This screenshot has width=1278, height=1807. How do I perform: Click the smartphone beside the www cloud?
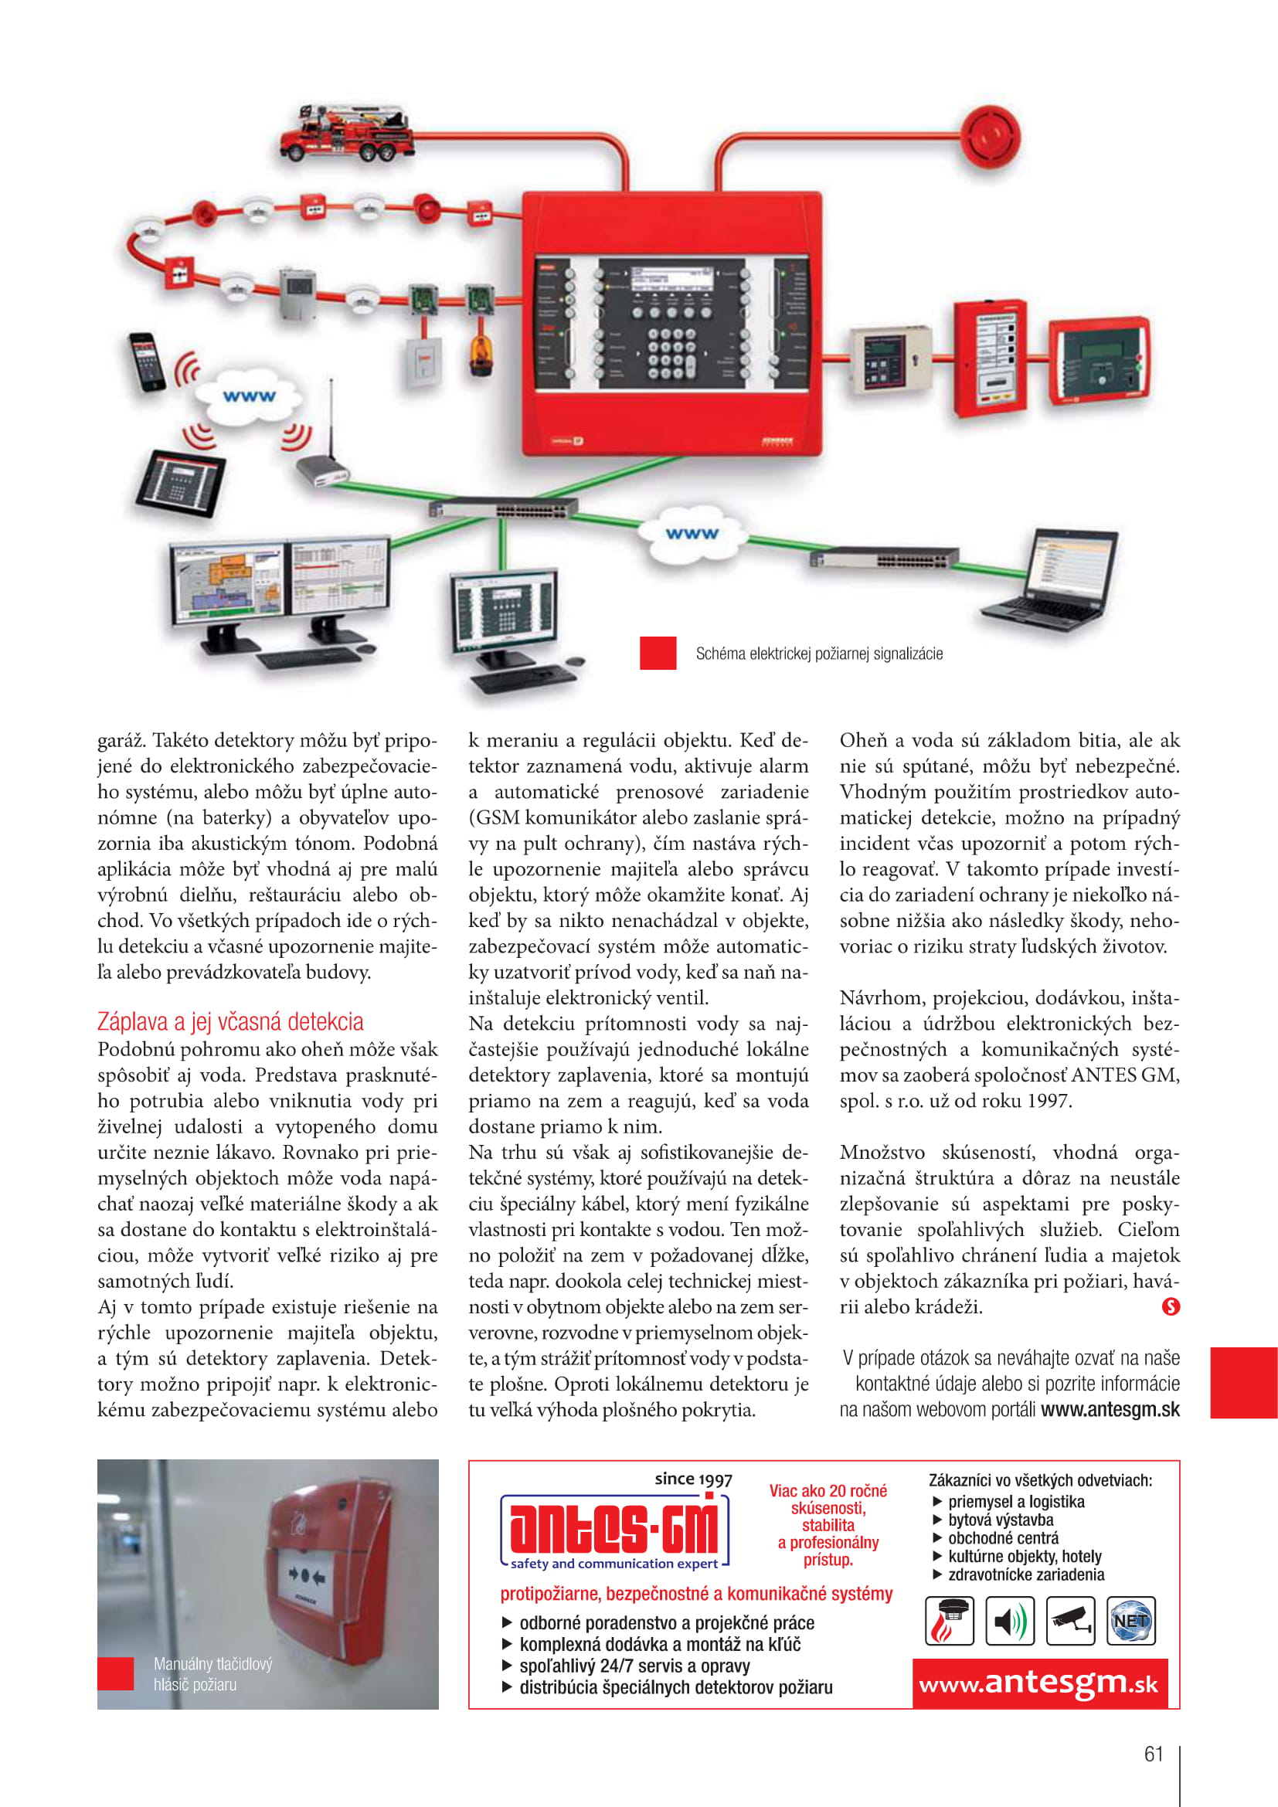point(147,361)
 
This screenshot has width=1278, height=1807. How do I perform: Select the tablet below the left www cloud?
point(180,481)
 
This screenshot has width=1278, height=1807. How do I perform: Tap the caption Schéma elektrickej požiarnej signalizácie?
point(818,654)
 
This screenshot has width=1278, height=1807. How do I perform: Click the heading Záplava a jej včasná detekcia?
point(230,1021)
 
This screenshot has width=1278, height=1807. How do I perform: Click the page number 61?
point(1153,1754)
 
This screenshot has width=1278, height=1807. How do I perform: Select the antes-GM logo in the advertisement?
point(614,1529)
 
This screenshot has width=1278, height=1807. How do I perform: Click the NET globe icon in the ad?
point(1130,1621)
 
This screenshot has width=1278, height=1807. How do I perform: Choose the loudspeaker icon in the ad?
point(1010,1621)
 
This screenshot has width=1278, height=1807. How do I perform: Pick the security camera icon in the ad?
point(1069,1621)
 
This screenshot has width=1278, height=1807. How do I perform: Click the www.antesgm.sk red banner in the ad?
point(1038,1683)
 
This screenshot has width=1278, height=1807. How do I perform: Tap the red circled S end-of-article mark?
point(1170,1306)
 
